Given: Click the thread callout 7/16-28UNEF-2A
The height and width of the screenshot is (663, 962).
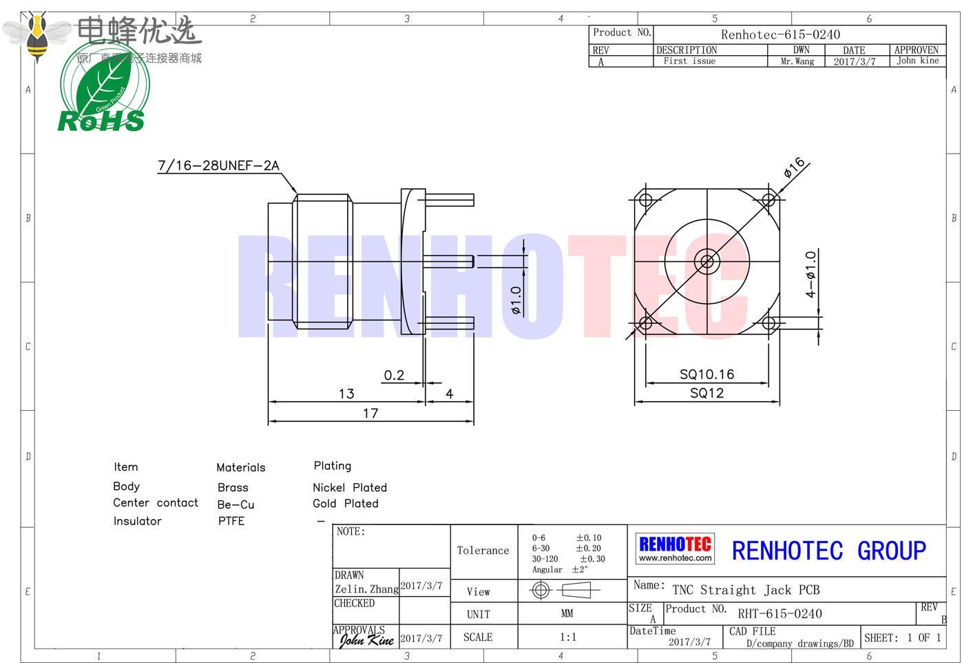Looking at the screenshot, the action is pos(218,165).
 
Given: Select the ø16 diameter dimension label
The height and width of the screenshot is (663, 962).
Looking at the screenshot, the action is pos(794,167).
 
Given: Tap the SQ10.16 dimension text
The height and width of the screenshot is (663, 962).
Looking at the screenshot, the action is pos(707,374).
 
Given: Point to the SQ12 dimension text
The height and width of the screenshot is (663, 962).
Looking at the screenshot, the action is pos(707,393).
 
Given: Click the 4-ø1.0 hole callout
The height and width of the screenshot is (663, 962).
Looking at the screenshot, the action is pos(811,274).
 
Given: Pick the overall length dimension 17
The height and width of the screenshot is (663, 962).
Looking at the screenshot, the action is pos(370,414).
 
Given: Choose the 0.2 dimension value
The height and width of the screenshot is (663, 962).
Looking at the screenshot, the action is pos(394,375).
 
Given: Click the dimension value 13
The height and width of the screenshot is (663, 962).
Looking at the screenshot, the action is pos(346,394).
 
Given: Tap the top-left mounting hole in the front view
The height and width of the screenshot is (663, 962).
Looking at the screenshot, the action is pos(645,200).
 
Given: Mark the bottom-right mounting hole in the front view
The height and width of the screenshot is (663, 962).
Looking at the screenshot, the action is pos(768,323).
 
